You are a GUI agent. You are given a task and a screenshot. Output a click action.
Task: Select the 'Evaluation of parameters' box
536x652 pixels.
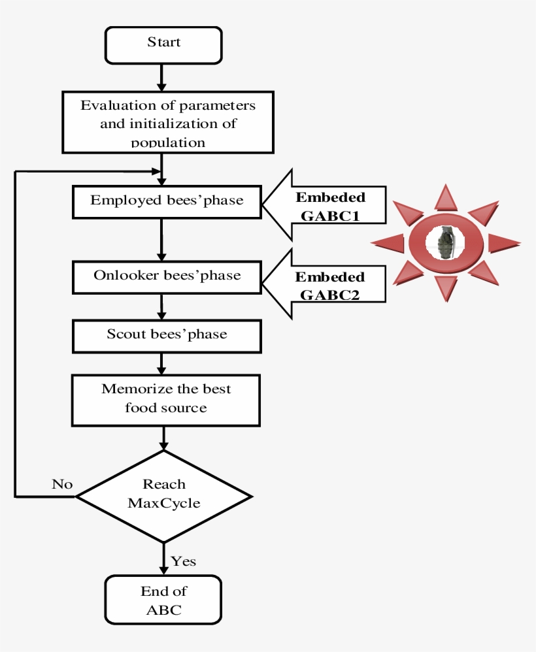[167, 122]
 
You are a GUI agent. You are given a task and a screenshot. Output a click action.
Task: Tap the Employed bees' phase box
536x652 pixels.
[167, 201]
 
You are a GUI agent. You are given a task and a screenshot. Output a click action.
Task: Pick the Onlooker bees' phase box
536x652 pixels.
[167, 276]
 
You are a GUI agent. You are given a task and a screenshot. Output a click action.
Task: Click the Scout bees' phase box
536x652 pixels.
[167, 335]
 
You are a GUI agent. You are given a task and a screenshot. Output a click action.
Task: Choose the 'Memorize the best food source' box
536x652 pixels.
[166, 399]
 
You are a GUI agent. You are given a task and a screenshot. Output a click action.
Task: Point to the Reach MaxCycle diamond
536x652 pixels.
[164, 496]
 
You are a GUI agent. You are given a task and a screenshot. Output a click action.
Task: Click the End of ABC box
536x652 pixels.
[163, 599]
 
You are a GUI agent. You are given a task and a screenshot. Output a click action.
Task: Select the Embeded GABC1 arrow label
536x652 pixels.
[330, 206]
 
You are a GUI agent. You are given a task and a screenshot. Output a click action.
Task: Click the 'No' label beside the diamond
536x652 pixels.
[62, 484]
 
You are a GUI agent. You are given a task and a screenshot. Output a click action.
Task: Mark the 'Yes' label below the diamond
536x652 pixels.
[183, 561]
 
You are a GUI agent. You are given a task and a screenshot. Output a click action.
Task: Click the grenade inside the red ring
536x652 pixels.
[446, 242]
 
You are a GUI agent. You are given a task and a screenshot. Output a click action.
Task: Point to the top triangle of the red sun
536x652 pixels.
[446, 197]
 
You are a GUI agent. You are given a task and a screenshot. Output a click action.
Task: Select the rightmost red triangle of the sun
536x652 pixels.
[503, 243]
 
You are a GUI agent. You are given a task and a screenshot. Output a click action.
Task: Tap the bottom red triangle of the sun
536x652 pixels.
[446, 288]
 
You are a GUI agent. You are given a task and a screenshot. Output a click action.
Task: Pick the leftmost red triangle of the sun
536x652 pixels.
[389, 243]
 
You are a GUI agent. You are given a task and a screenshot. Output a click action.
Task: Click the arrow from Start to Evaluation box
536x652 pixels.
[162, 77]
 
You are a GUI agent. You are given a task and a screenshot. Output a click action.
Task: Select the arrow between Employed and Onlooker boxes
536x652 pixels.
[161, 239]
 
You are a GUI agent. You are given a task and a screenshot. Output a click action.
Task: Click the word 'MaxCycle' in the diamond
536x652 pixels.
[164, 503]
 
